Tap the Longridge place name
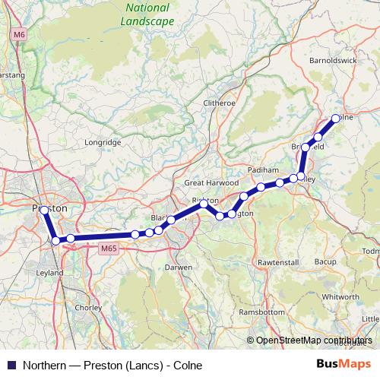coord(103,141)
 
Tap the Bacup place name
coord(325,261)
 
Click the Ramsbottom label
coord(261,312)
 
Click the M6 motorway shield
coord(20,34)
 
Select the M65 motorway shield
coord(108,248)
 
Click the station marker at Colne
coord(335,119)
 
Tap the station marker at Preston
coord(44,210)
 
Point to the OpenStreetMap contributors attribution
coord(314,341)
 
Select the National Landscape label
coord(147,14)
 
